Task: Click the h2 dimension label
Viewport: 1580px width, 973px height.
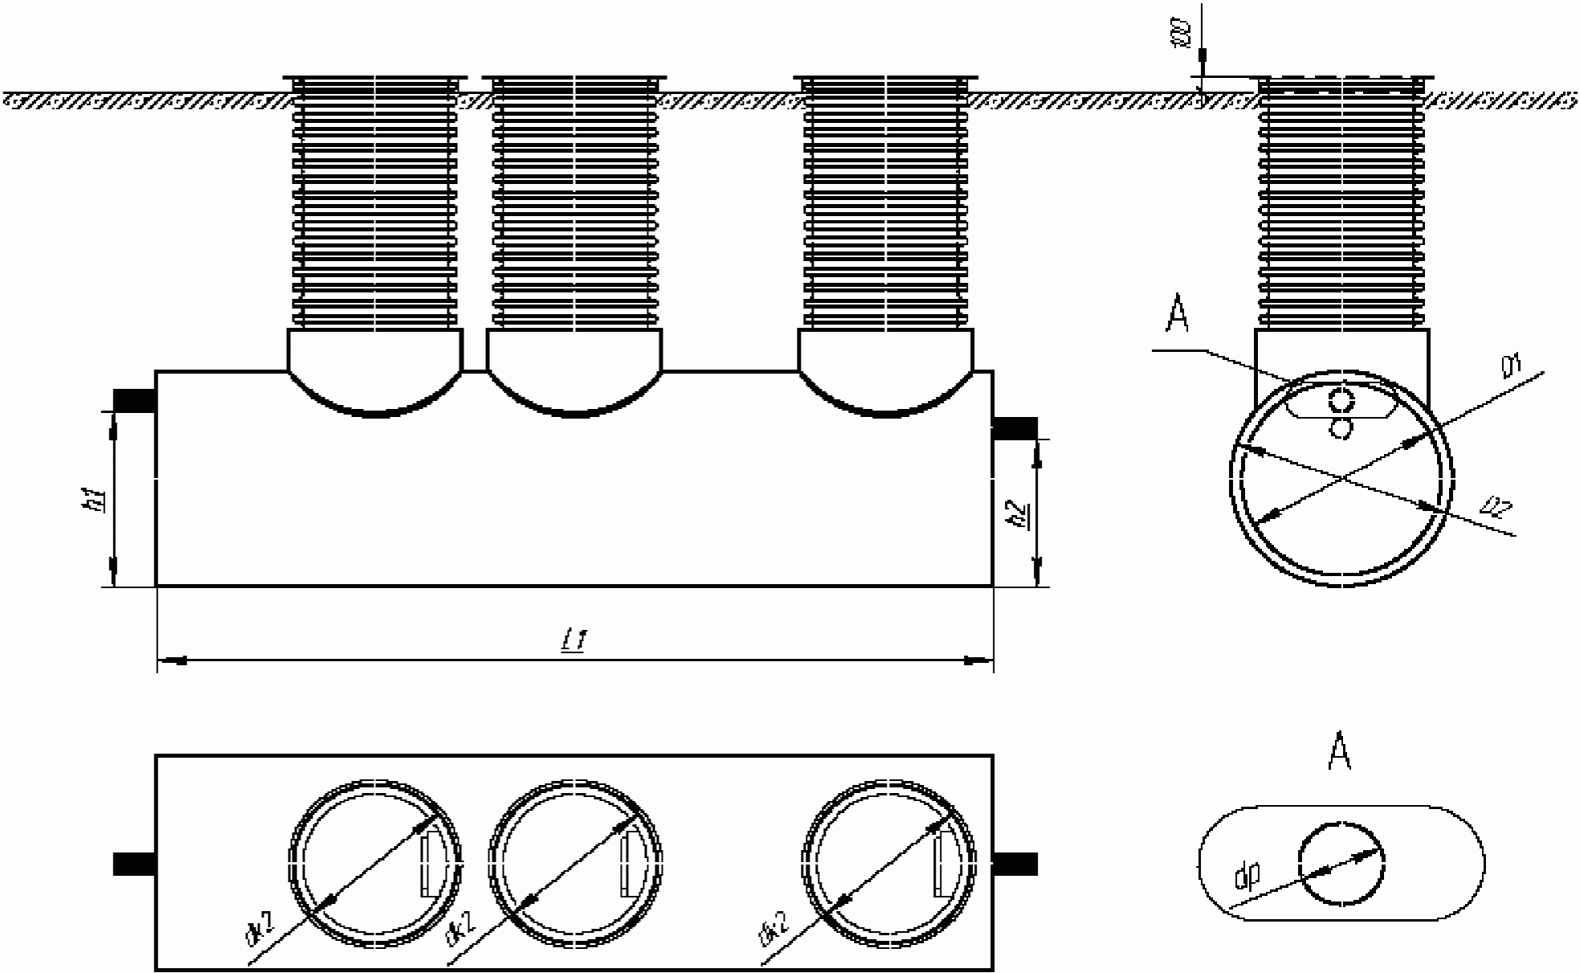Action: pyautogui.click(x=1018, y=514)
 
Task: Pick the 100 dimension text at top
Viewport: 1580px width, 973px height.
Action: pyautogui.click(x=1181, y=35)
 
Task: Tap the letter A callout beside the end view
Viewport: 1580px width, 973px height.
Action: pyautogui.click(x=1177, y=315)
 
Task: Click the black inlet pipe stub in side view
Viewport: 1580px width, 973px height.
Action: pyautogui.click(x=133, y=400)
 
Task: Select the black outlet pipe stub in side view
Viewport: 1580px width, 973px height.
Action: pyautogui.click(x=1016, y=428)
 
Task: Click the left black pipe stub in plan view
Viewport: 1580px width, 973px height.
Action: pyautogui.click(x=133, y=864)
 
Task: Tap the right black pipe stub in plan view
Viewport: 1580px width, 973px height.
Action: pyautogui.click(x=1016, y=864)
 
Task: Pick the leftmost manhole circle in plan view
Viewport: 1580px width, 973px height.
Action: pyautogui.click(x=375, y=864)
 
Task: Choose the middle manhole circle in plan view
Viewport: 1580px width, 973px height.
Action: pyautogui.click(x=575, y=864)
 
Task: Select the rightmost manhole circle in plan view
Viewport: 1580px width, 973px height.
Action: pyautogui.click(x=889, y=864)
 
